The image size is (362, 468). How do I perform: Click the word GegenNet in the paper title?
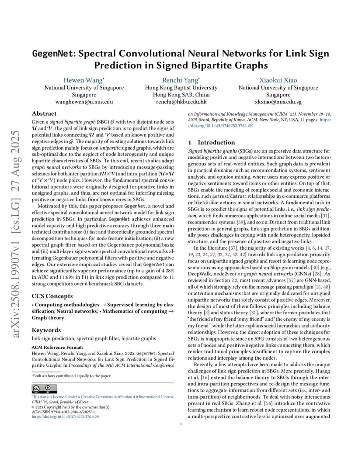[52, 54]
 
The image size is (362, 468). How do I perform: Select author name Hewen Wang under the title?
[84, 80]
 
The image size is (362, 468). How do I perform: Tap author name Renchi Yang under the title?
[181, 80]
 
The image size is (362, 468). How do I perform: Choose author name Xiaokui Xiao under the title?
[278, 80]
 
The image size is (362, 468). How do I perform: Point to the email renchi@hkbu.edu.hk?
[181, 102]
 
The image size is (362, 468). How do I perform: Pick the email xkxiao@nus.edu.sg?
[278, 102]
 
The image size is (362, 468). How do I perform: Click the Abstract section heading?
[44, 113]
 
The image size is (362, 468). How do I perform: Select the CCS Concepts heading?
[52, 296]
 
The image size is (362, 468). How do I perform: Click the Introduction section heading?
[216, 142]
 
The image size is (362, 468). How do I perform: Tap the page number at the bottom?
[181, 423]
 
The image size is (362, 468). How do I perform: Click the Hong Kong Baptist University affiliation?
[181, 87]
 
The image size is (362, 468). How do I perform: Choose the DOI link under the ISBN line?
[65, 417]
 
